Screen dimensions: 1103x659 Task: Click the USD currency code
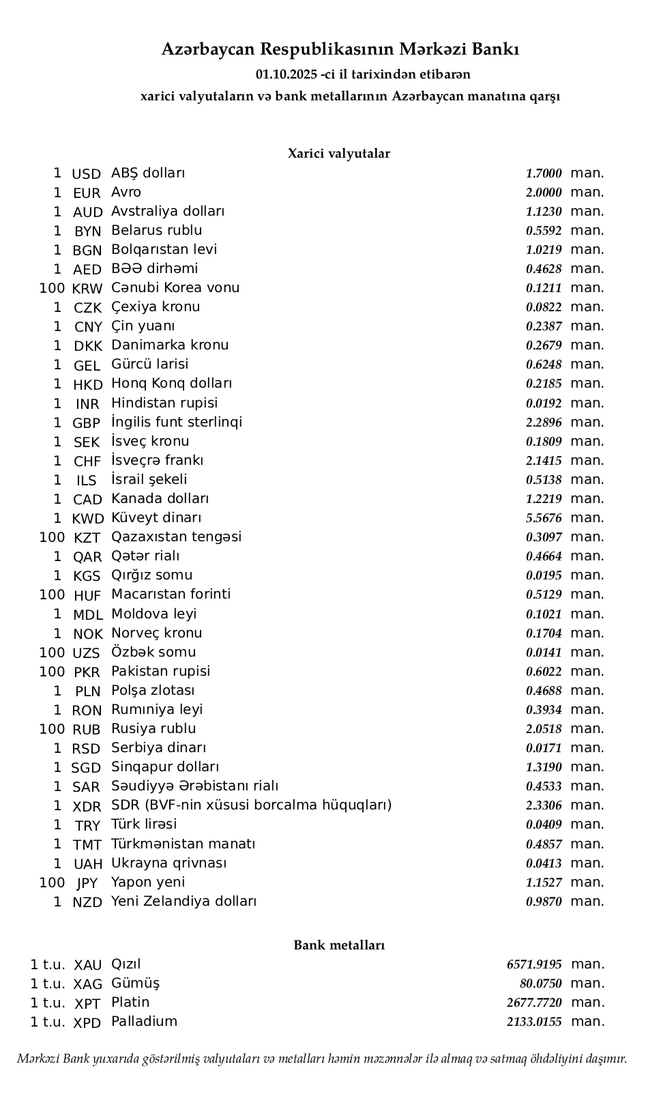[86, 174]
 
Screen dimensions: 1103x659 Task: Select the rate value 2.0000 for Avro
[544, 193]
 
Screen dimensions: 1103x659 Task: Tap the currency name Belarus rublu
[157, 231]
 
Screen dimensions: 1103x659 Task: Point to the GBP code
[86, 423]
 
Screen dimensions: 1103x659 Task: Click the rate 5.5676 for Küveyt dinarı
[544, 519]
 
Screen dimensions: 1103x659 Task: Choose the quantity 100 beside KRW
[52, 288]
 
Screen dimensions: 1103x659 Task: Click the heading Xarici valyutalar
[339, 154]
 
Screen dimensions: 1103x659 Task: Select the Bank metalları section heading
[339, 945]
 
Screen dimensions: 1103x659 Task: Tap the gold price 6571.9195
[534, 964]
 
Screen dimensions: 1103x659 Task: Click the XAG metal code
[87, 984]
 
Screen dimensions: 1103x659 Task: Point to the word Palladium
[144, 1022]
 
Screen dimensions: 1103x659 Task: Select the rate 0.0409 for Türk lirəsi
[544, 825]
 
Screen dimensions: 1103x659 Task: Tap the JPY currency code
[87, 883]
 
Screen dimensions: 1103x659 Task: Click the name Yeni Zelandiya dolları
[184, 902]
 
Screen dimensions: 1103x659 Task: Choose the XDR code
[87, 806]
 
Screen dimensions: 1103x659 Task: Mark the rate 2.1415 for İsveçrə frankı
[544, 461]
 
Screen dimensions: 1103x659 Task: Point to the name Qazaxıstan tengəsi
[176, 537]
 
